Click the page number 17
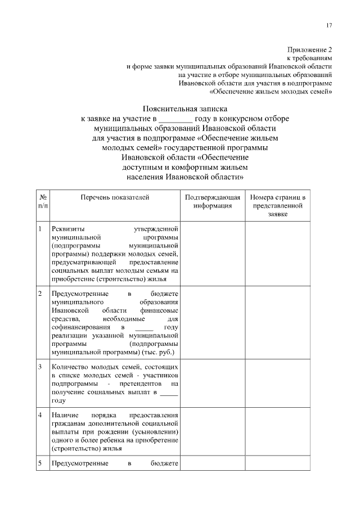[329, 25]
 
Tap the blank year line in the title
[175, 119]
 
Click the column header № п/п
[43, 202]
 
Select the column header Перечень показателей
[115, 198]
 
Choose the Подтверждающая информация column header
[213, 202]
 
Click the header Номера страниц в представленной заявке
[278, 206]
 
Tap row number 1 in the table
[40, 229]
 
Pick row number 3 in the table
[40, 367]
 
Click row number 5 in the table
[40, 463]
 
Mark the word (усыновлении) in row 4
[156, 433]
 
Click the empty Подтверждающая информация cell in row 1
[213, 254]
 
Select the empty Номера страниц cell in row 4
[278, 432]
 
